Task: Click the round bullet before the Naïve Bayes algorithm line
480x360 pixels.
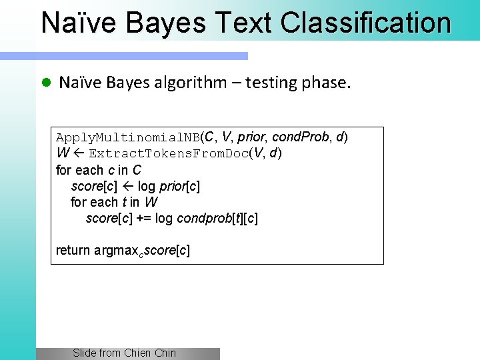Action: coord(46,83)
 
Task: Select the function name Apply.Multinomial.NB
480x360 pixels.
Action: coord(127,138)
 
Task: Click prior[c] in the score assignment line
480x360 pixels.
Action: coord(179,186)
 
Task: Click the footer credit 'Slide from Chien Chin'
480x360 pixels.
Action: coord(124,353)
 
